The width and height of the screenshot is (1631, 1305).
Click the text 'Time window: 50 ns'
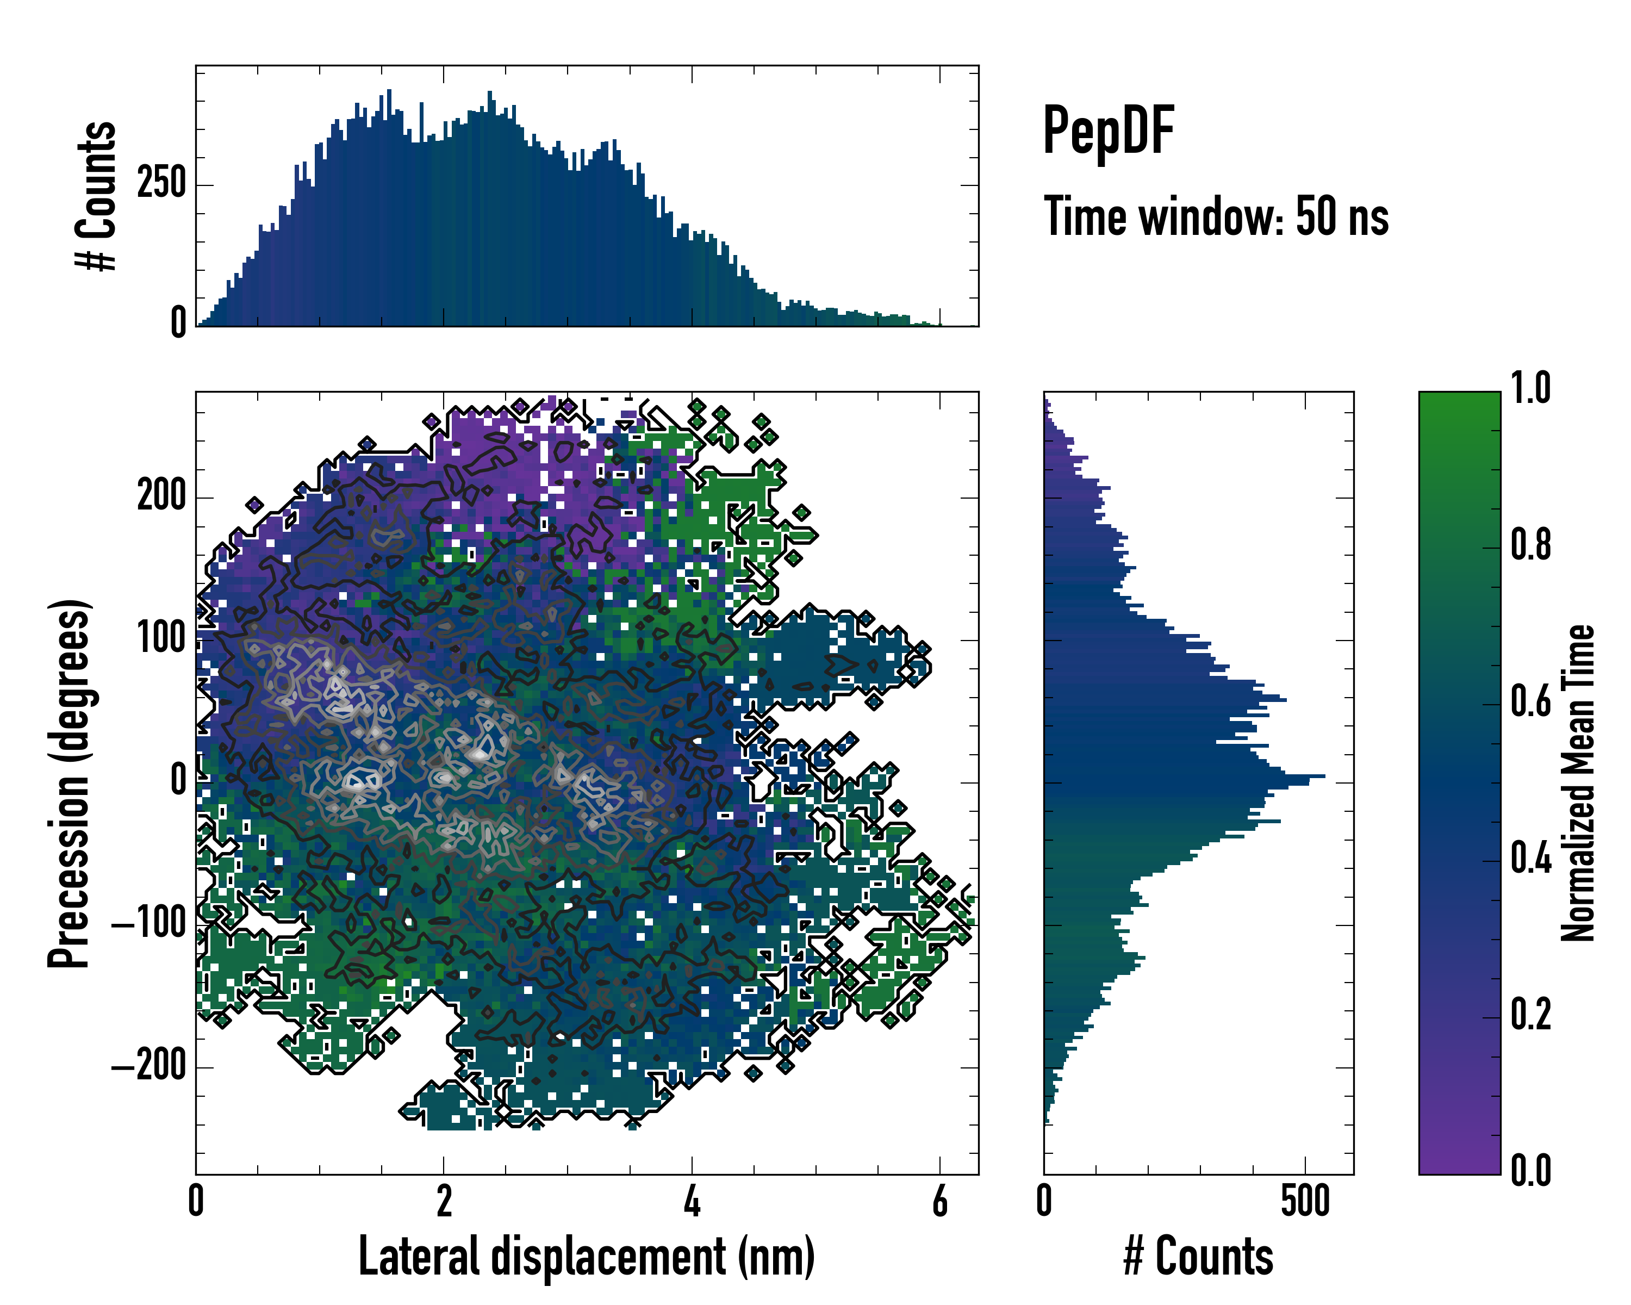point(1216,216)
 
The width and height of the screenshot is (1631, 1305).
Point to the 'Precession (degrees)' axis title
point(70,783)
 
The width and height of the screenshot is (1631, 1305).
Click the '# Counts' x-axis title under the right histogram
point(1198,1256)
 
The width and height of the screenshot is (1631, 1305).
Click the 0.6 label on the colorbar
point(1530,701)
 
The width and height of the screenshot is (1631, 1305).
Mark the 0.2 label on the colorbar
point(1530,1015)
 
